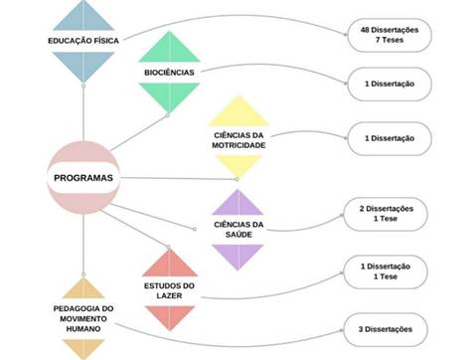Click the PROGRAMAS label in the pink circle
(83, 178)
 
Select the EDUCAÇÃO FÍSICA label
(83, 41)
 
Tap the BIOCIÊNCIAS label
(169, 73)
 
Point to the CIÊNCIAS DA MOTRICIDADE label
(238, 140)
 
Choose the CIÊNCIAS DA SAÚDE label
(238, 230)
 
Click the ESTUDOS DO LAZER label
(169, 290)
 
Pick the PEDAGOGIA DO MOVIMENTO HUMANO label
(83, 318)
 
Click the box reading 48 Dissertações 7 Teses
(390, 35)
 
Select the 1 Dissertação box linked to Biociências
(390, 84)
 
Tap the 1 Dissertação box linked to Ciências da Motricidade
(390, 138)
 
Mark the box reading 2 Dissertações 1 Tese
(386, 214)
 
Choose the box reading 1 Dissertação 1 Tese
(386, 271)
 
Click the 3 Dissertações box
(386, 329)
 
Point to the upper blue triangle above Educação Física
(83, 18)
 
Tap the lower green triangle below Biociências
(169, 94)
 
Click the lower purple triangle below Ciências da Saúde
(237, 254)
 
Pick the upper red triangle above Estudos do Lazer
(170, 267)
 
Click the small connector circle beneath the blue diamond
(83, 86)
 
